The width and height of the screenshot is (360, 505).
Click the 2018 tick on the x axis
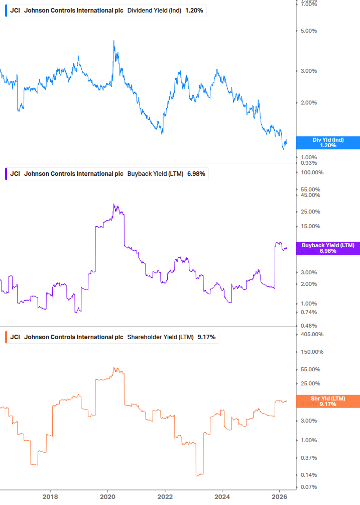pos(50,497)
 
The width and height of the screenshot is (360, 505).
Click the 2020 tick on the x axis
pos(107,497)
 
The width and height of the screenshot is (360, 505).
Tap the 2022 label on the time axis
pos(165,497)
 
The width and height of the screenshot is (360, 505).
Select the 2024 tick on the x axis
pos(222,497)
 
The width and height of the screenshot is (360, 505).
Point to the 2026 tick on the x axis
pos(280,497)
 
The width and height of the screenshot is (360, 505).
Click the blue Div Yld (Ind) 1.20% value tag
pos(328,143)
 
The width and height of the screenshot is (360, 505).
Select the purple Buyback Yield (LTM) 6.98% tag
pos(328,248)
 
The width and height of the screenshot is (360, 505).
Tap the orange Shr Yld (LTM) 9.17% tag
pos(328,401)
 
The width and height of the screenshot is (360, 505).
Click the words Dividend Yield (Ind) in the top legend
pos(154,11)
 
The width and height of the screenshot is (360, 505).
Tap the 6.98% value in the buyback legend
pos(196,174)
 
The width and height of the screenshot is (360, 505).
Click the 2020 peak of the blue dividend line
pos(114,41)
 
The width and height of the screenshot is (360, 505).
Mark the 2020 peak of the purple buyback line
pos(114,205)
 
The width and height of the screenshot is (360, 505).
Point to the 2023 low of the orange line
pos(197,475)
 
